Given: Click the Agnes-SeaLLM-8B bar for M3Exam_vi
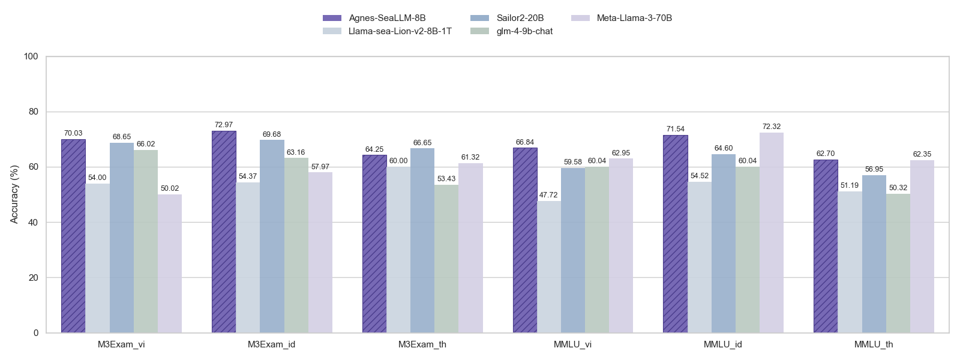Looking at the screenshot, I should [x=73, y=236].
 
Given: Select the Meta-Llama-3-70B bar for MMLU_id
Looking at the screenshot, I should [x=771, y=233].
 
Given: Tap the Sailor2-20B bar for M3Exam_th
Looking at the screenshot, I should [x=422, y=241].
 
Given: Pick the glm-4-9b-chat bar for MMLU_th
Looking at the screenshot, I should [x=898, y=263].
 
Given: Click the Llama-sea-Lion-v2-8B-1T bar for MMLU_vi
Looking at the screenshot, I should [x=549, y=267].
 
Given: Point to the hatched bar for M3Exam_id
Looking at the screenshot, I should [x=224, y=232].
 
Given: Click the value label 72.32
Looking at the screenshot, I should [x=772, y=127].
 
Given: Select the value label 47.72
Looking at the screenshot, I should [x=549, y=195].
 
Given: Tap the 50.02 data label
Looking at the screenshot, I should [x=170, y=188].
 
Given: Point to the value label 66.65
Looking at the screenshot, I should [x=422, y=143].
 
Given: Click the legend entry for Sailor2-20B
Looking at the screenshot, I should [x=520, y=18].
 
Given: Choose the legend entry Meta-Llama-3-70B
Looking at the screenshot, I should [x=634, y=18].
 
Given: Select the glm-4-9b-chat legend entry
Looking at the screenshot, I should [x=524, y=31].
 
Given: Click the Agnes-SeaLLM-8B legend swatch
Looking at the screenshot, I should [x=332, y=18].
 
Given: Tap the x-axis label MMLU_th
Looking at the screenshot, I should [x=874, y=345].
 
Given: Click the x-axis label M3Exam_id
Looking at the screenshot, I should [x=272, y=345].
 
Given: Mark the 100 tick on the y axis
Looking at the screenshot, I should [x=31, y=56].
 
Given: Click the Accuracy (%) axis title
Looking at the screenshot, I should [x=14, y=194].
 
